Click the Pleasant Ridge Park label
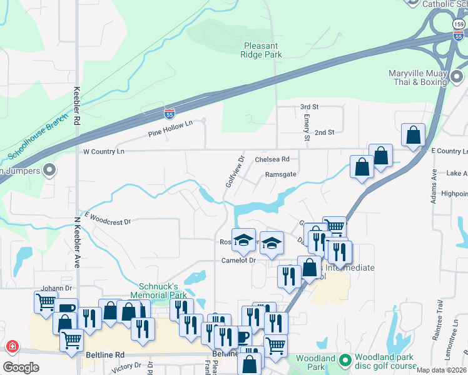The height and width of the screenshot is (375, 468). click(262, 50)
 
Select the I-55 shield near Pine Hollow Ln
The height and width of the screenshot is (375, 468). click(170, 113)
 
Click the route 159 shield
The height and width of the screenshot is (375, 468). click(458, 24)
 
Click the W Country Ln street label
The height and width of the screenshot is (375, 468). click(104, 152)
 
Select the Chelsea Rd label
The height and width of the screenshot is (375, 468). click(272, 159)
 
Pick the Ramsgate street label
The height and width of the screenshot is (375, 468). click(280, 175)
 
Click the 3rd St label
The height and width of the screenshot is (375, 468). click(309, 107)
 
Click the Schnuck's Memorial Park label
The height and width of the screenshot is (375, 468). click(158, 290)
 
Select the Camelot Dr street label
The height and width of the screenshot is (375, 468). click(238, 260)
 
